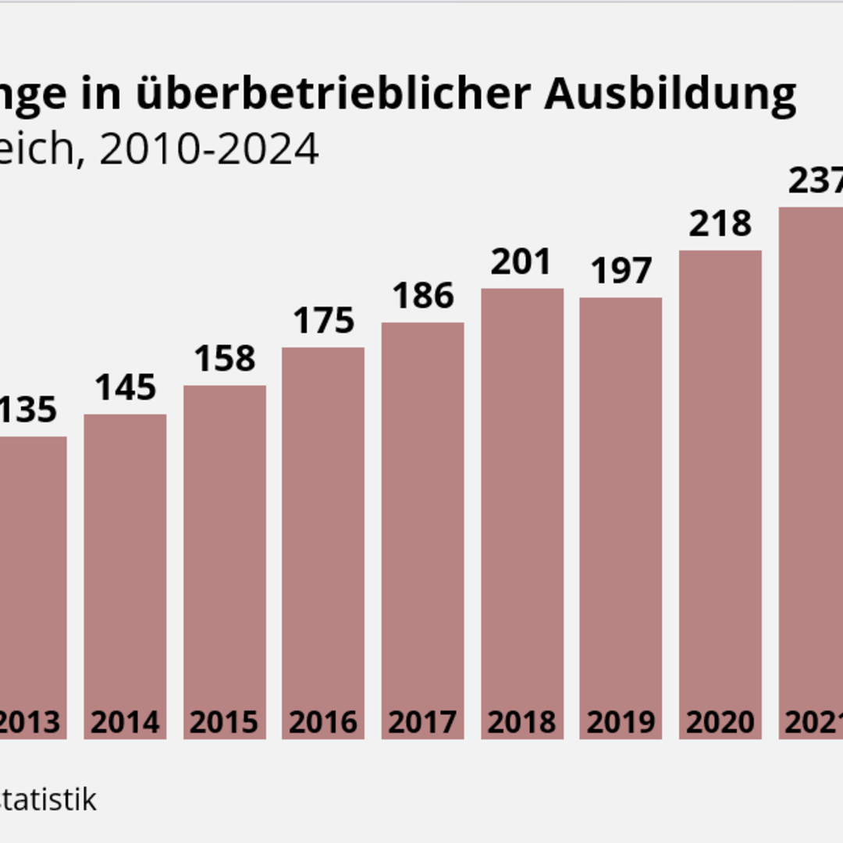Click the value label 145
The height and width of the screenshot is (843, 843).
[x=126, y=387]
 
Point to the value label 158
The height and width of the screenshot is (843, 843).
[x=225, y=358]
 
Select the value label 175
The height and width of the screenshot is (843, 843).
[x=324, y=321]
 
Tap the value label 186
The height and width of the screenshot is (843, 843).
[x=423, y=296]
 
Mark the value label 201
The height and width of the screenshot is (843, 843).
[x=521, y=262]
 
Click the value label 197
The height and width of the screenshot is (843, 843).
[x=621, y=271]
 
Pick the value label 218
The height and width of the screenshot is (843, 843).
[x=720, y=224]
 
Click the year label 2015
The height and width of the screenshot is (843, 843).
[x=225, y=722]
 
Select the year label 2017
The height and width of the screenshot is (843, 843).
[x=423, y=722]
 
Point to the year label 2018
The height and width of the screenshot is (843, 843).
[x=522, y=722]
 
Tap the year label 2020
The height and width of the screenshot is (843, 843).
[x=720, y=722]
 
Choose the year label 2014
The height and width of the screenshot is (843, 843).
[x=125, y=722]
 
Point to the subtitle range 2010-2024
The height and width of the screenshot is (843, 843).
[x=209, y=148]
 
